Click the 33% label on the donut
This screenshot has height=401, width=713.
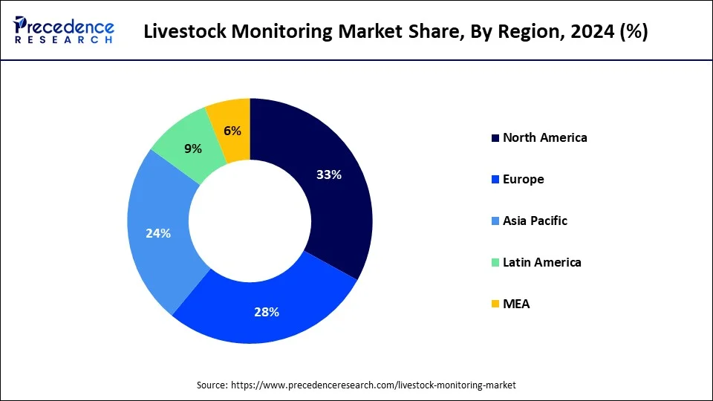pyautogui.click(x=328, y=175)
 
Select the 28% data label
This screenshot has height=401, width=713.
pyautogui.click(x=267, y=312)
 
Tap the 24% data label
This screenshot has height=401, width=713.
pyautogui.click(x=158, y=233)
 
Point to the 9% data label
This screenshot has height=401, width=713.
pyautogui.click(x=193, y=149)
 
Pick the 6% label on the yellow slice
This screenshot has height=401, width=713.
pyautogui.click(x=232, y=131)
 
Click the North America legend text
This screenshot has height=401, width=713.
pyautogui.click(x=544, y=137)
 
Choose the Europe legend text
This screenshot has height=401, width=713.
pyautogui.click(x=523, y=179)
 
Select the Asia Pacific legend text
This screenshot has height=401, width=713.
pyautogui.click(x=535, y=221)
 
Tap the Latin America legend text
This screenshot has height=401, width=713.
pyautogui.click(x=541, y=262)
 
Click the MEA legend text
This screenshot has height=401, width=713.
pyautogui.click(x=516, y=304)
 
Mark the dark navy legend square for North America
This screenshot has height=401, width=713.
pyautogui.click(x=495, y=138)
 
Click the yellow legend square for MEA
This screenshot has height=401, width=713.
pyautogui.click(x=495, y=304)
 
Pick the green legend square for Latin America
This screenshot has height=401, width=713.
pyautogui.click(x=495, y=263)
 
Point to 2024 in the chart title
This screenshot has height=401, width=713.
pyautogui.click(x=594, y=32)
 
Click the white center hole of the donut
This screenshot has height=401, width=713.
pyautogui.click(x=250, y=221)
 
